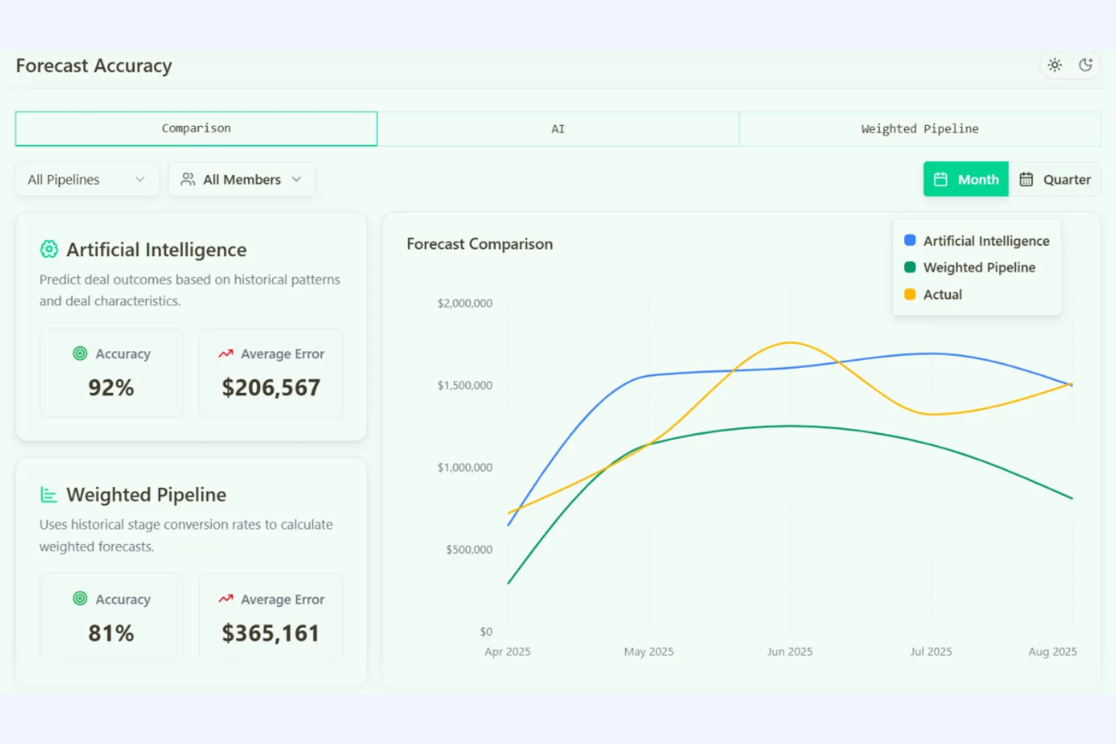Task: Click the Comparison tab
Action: coord(196,129)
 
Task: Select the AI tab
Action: coord(558,129)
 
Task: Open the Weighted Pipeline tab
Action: coord(920,129)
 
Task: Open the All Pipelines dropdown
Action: coord(87,179)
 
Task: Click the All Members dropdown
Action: coord(241,179)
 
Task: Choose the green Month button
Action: coord(966,179)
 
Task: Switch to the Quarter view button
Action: coord(1055,179)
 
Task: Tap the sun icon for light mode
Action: coord(1055,65)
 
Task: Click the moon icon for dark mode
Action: coord(1086,65)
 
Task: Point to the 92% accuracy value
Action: coord(111,387)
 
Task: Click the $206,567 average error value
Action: coord(271,387)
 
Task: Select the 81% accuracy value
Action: coord(111,633)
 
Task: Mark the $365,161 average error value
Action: coord(271,633)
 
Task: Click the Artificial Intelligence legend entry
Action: coord(977,241)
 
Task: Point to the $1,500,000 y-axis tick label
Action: coord(464,385)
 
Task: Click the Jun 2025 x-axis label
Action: coord(789,651)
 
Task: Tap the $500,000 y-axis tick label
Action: coord(469,550)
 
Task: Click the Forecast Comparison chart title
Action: coord(480,244)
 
